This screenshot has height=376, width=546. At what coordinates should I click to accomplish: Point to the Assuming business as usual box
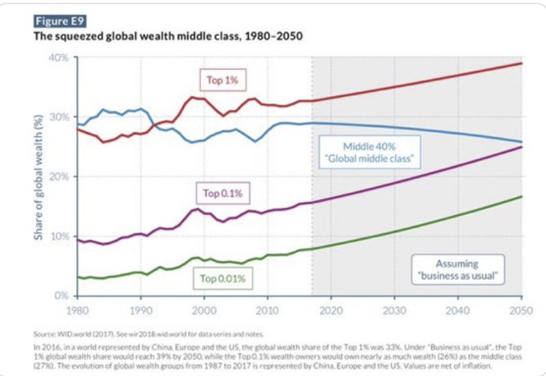click(457, 269)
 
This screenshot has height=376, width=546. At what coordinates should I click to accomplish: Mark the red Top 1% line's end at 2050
click(521, 64)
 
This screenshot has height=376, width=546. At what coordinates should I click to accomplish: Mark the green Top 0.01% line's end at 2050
click(521, 197)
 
